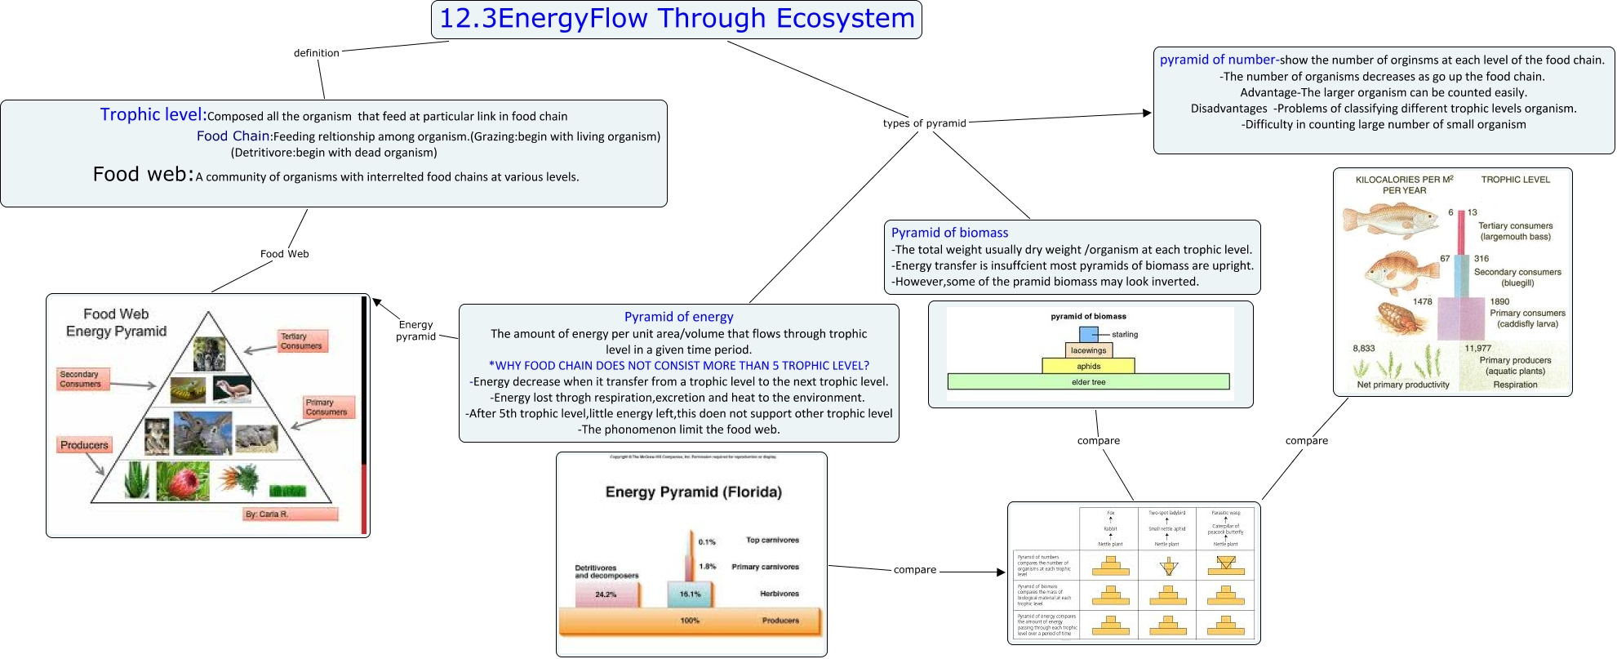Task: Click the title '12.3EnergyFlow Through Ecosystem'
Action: click(677, 19)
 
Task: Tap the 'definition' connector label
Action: click(316, 53)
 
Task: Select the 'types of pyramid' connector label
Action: click(924, 123)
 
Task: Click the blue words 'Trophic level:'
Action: click(153, 115)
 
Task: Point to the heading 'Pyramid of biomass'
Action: click(949, 233)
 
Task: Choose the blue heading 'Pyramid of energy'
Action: click(678, 317)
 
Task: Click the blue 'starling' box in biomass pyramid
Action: click(1089, 334)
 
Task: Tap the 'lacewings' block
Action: click(1089, 350)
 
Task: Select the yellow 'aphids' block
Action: click(1089, 366)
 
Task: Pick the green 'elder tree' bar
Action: click(1089, 381)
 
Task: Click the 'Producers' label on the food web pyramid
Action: click(84, 445)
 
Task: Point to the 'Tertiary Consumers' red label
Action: click(301, 341)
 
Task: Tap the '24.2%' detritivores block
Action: click(606, 594)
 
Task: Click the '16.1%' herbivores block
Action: click(691, 594)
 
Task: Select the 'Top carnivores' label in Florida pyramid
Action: click(772, 540)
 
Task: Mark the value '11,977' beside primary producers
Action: click(1477, 348)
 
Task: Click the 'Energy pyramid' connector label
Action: click(415, 330)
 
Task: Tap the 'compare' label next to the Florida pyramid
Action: click(914, 570)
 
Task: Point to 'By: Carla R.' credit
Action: click(267, 514)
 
